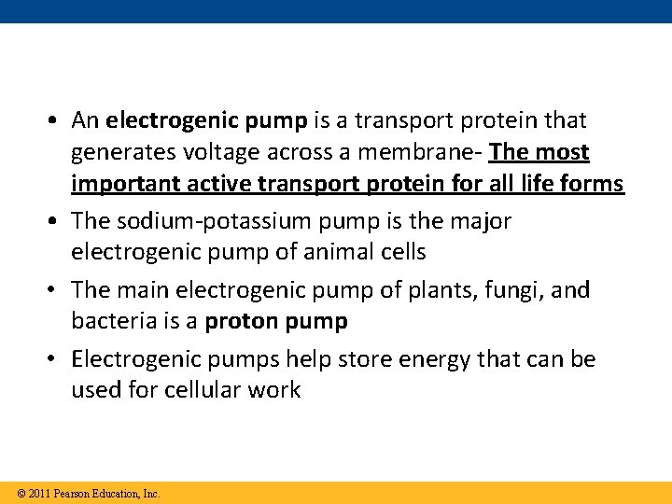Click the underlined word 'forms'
coord(591,184)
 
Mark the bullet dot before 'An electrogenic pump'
coord(58,121)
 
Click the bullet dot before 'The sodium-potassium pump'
coord(58,222)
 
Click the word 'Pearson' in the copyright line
coord(73,494)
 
